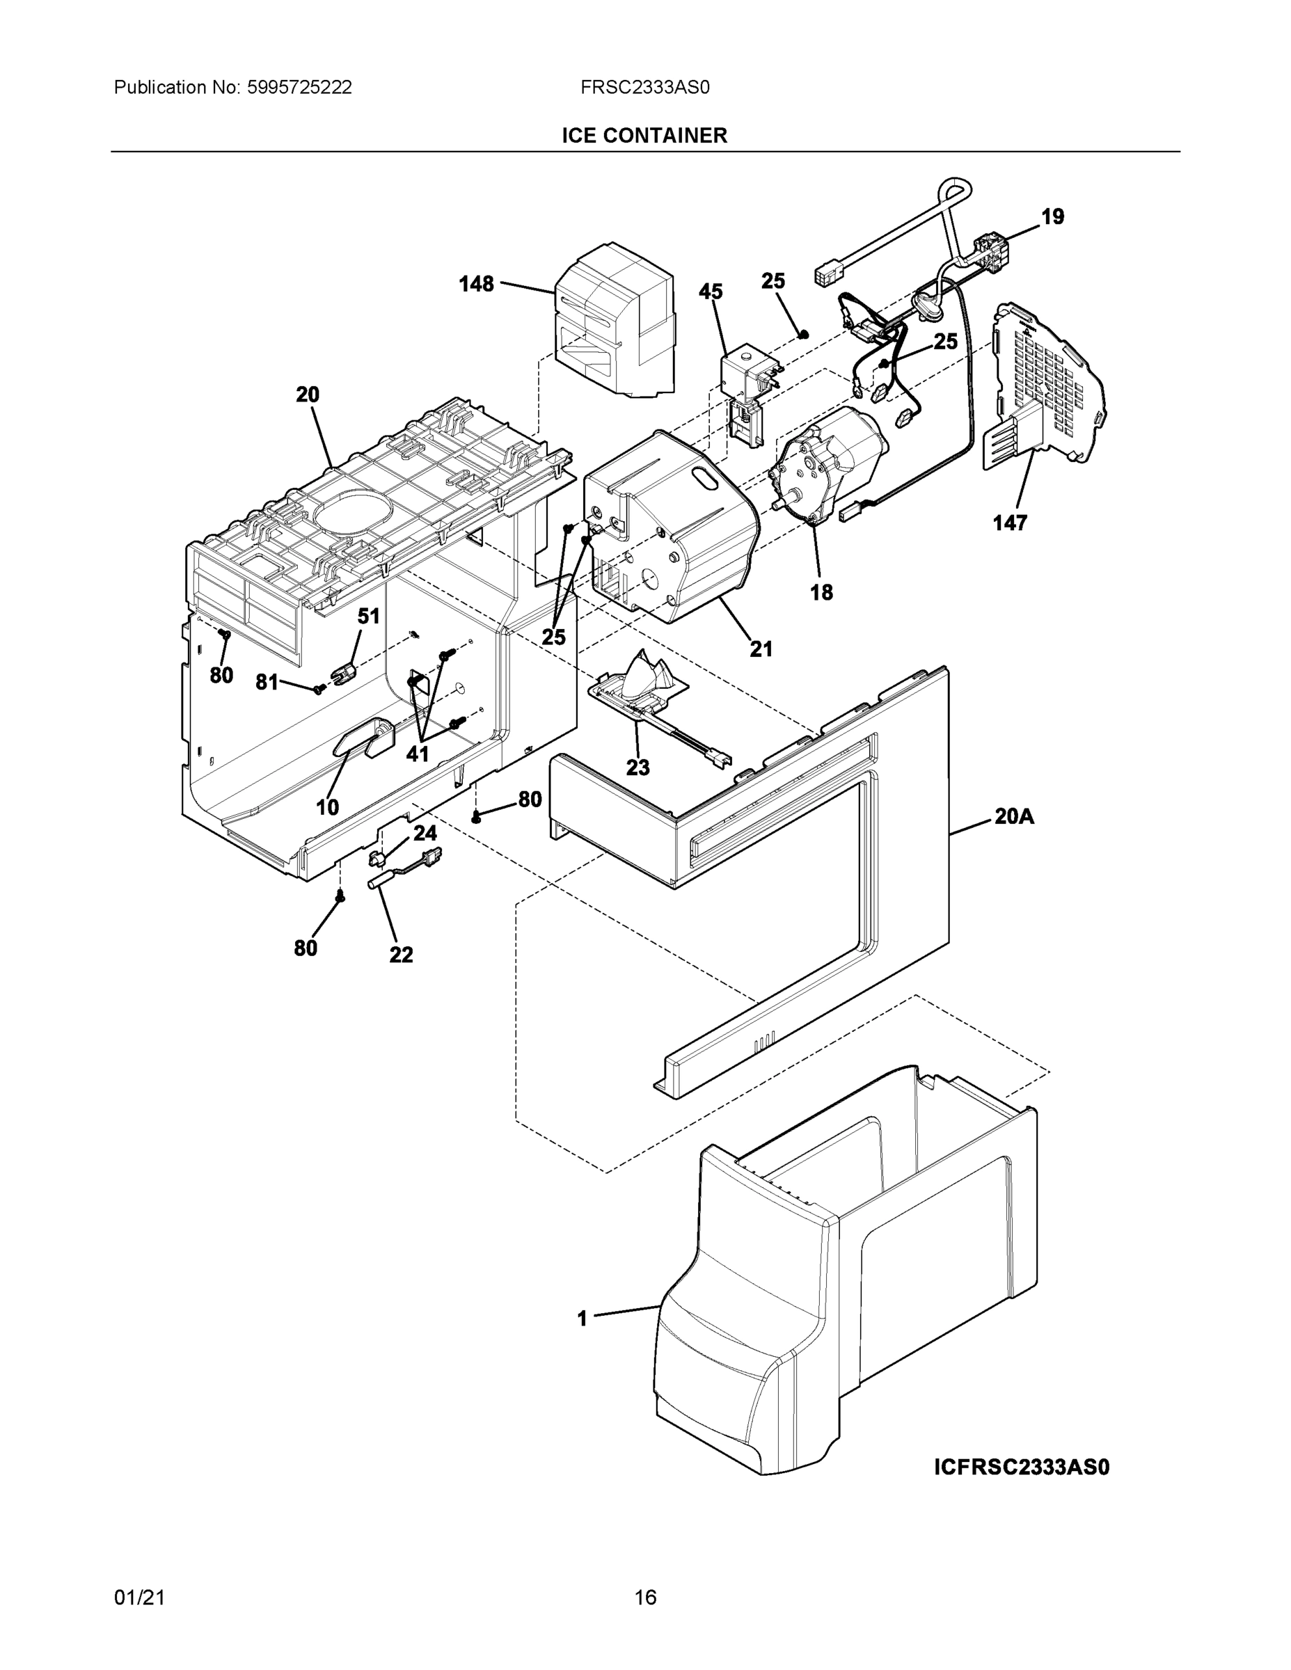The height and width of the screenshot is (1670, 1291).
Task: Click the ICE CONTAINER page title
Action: point(644,136)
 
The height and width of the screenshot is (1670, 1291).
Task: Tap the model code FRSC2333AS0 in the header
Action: point(644,87)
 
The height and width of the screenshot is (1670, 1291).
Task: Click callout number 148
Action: point(476,285)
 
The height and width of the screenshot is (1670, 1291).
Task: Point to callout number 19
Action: point(1052,217)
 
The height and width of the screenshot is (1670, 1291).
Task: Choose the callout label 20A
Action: point(1013,817)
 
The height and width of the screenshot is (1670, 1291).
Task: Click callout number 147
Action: point(1010,523)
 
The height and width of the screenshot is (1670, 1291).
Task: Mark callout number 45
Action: point(711,292)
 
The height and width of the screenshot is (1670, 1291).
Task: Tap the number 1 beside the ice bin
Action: point(582,1319)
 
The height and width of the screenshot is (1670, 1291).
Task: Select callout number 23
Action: point(638,767)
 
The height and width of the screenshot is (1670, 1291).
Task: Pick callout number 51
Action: point(369,616)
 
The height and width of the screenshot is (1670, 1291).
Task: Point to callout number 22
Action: point(401,954)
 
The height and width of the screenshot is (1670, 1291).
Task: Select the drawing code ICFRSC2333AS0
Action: point(1021,1467)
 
